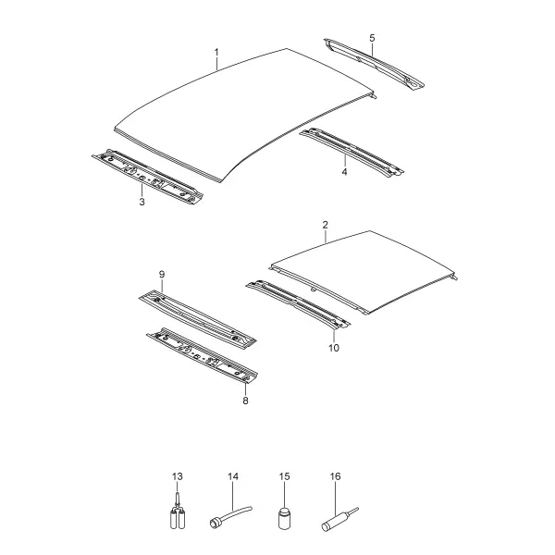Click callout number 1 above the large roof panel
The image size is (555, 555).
[216, 53]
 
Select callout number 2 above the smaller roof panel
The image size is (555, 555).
[326, 225]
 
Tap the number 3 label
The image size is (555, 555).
[142, 202]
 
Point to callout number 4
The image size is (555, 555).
[344, 172]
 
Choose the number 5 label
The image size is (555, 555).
[372, 38]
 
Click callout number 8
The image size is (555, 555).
[245, 401]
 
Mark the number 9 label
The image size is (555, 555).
[162, 275]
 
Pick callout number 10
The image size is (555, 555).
[334, 348]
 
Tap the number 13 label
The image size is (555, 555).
[178, 476]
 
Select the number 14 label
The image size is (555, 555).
[233, 476]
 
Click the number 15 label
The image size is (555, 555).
[284, 476]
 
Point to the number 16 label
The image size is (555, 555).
[335, 476]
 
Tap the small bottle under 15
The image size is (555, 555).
[284, 519]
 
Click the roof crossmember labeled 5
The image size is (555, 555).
[374, 65]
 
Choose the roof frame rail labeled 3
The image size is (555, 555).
[148, 177]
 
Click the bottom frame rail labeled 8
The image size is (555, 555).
[203, 355]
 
